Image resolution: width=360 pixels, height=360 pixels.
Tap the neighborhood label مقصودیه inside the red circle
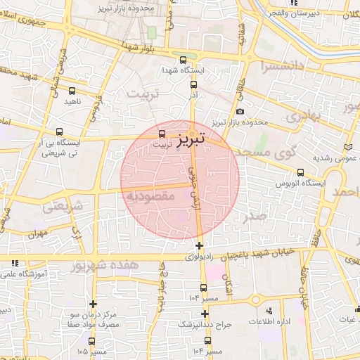pos(150,196)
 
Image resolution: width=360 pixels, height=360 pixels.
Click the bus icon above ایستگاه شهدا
pos(183,60)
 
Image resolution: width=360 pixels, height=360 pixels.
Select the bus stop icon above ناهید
pos(72,91)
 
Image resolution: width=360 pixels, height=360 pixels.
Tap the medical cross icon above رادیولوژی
pos(200,246)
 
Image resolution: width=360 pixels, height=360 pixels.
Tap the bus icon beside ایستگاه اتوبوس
pos(300,172)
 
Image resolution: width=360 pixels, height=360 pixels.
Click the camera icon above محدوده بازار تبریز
pos(240,112)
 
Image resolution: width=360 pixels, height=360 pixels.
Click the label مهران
pos(37,233)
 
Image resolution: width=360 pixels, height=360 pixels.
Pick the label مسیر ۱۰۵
pos(92,350)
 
